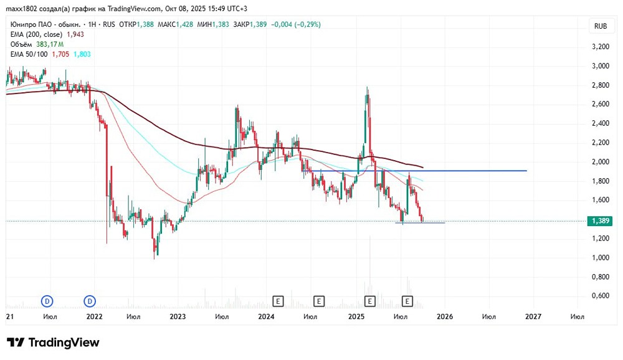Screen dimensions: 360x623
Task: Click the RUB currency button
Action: [x=601, y=26]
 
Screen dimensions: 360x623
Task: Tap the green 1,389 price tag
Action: [x=601, y=221]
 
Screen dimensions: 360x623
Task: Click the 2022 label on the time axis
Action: [x=94, y=316]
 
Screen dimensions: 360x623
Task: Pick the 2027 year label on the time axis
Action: [x=533, y=316]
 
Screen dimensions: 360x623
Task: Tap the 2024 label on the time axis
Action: [x=267, y=316]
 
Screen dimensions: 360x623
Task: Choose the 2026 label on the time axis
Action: [x=444, y=316]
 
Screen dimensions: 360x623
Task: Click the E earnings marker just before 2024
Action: [x=278, y=301]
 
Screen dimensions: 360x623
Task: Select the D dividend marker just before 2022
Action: [x=91, y=301]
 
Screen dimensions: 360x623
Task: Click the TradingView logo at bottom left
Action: [x=53, y=343]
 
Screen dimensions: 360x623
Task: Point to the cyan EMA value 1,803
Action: [x=82, y=54]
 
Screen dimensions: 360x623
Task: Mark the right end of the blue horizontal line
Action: [x=526, y=171]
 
